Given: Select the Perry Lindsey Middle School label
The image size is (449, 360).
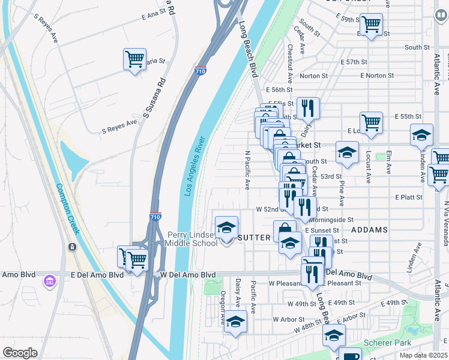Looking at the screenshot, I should [x=192, y=239].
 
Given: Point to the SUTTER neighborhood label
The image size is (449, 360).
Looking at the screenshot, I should [x=255, y=238].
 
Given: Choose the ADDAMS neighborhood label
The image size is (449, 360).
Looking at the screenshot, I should [x=369, y=230].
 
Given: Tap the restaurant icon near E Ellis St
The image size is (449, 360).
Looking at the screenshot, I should [x=308, y=109].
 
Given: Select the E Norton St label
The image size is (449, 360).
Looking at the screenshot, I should [x=377, y=76].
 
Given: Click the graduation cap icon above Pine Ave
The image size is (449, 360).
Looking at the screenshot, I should [x=346, y=153].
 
